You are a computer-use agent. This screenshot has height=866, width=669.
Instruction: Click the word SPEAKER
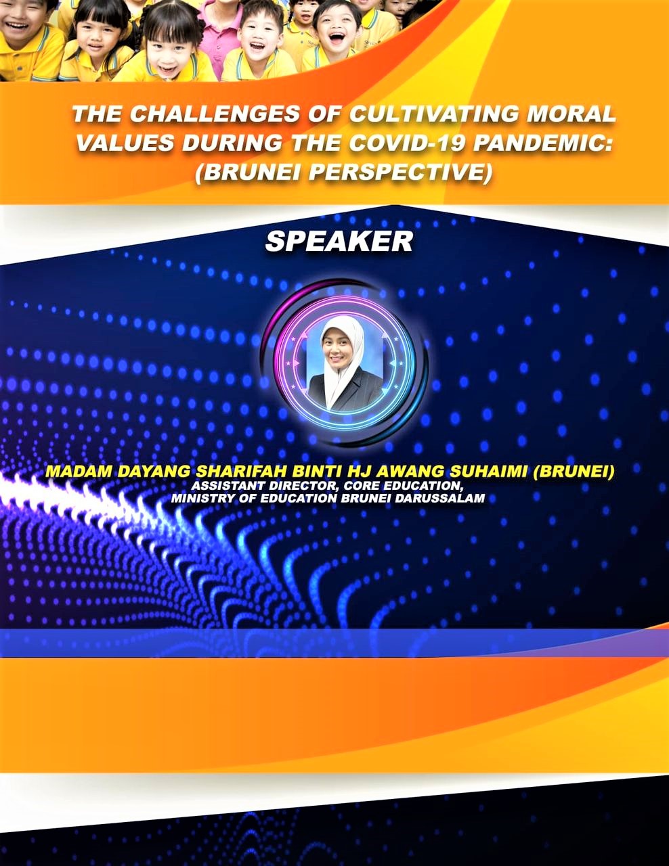339,242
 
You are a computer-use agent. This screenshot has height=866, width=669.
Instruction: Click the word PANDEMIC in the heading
542,143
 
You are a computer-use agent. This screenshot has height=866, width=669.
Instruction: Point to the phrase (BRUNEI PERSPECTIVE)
343,173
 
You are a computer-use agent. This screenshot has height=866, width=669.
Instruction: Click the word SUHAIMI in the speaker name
489,471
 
